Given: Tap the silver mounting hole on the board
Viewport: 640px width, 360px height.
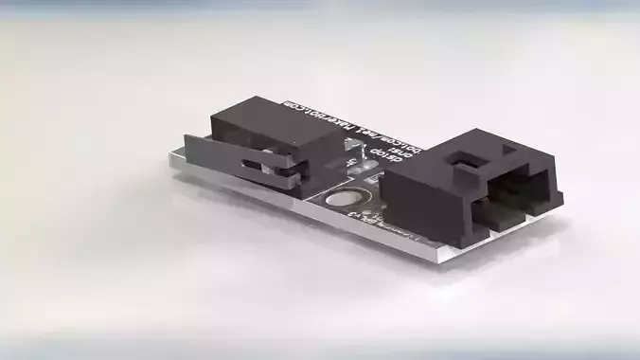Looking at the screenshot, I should [343, 200].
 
